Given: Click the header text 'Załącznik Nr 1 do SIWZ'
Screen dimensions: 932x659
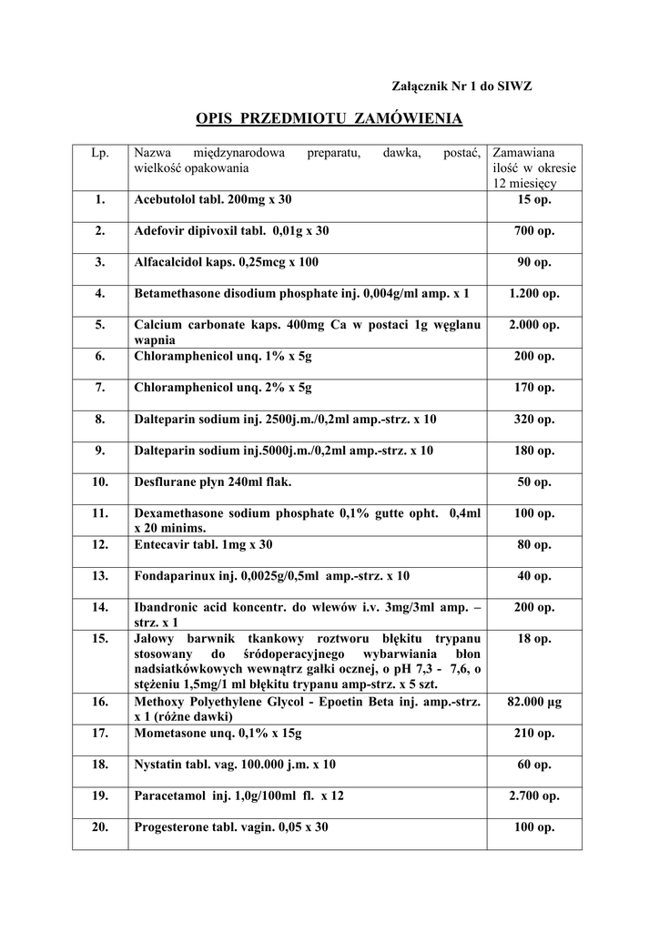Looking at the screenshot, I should pyautogui.click(x=461, y=86).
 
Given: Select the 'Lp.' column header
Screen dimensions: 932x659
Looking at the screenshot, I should pyautogui.click(x=100, y=152).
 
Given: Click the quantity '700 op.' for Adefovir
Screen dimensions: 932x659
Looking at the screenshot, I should pyautogui.click(x=533, y=231).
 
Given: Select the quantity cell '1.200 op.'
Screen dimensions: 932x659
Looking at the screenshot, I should pyautogui.click(x=533, y=294).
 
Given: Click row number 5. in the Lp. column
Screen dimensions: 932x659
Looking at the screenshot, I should pyautogui.click(x=100, y=325).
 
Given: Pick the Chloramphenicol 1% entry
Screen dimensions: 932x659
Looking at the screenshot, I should pyautogui.click(x=222, y=357).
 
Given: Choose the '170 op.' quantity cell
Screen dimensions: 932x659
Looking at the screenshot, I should pyautogui.click(x=533, y=388).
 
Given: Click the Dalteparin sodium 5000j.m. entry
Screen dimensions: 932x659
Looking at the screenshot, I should pyautogui.click(x=283, y=451).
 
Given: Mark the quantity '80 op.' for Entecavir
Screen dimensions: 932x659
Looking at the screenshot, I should pyautogui.click(x=533, y=545).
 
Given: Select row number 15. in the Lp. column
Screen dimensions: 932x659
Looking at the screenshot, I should pyautogui.click(x=100, y=639).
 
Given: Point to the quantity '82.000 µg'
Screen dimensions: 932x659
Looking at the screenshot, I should pyautogui.click(x=533, y=702).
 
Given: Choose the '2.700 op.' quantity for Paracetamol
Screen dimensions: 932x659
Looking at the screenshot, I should pyautogui.click(x=533, y=795).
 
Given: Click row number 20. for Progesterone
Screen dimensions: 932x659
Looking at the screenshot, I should pyautogui.click(x=100, y=827).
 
